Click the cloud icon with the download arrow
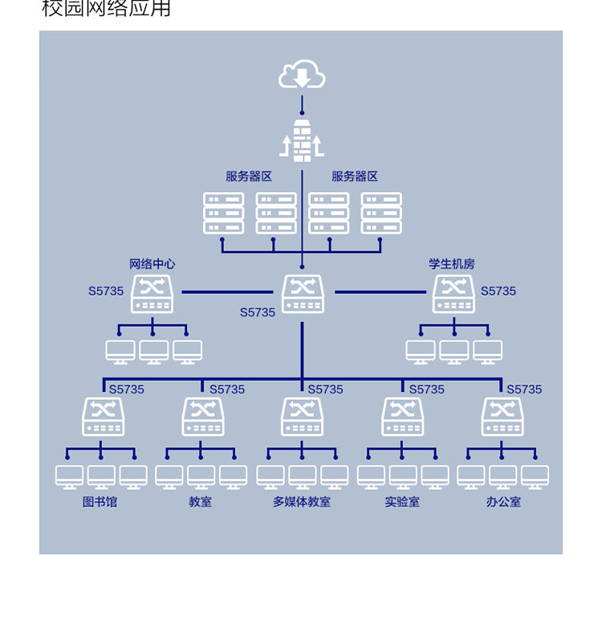302,74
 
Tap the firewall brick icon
302,141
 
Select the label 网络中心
152,264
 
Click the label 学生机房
452,264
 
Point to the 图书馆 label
100,502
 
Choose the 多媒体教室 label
302,502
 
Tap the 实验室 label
402,502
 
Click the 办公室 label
503,502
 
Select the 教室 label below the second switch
201,502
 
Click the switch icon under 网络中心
152,294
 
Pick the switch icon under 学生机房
454,294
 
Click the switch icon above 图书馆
104,417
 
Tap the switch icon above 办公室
502,417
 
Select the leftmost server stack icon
223,213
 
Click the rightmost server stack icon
381,213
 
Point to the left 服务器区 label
249,177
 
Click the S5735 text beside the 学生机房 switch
498,291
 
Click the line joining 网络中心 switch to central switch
227,292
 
